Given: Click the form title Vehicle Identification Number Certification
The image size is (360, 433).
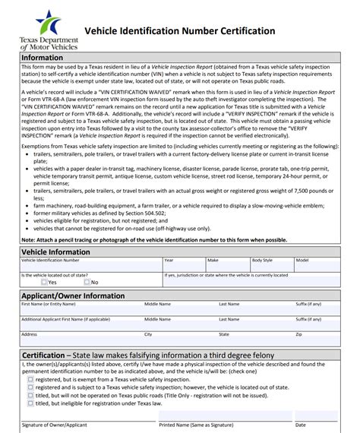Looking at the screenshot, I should pos(178,31).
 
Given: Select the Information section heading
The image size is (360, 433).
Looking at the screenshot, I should pos(43,58).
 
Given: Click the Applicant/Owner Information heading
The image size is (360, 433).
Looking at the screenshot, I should pos(73,296).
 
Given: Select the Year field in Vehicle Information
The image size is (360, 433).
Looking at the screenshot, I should pos(182,266).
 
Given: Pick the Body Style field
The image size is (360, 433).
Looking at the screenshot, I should pos(271,266).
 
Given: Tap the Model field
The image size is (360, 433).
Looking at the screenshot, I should pos(316,266).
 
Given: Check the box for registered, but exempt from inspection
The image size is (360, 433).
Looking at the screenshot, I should pos(30,378).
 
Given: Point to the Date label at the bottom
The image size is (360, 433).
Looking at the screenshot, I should pos(301,425).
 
